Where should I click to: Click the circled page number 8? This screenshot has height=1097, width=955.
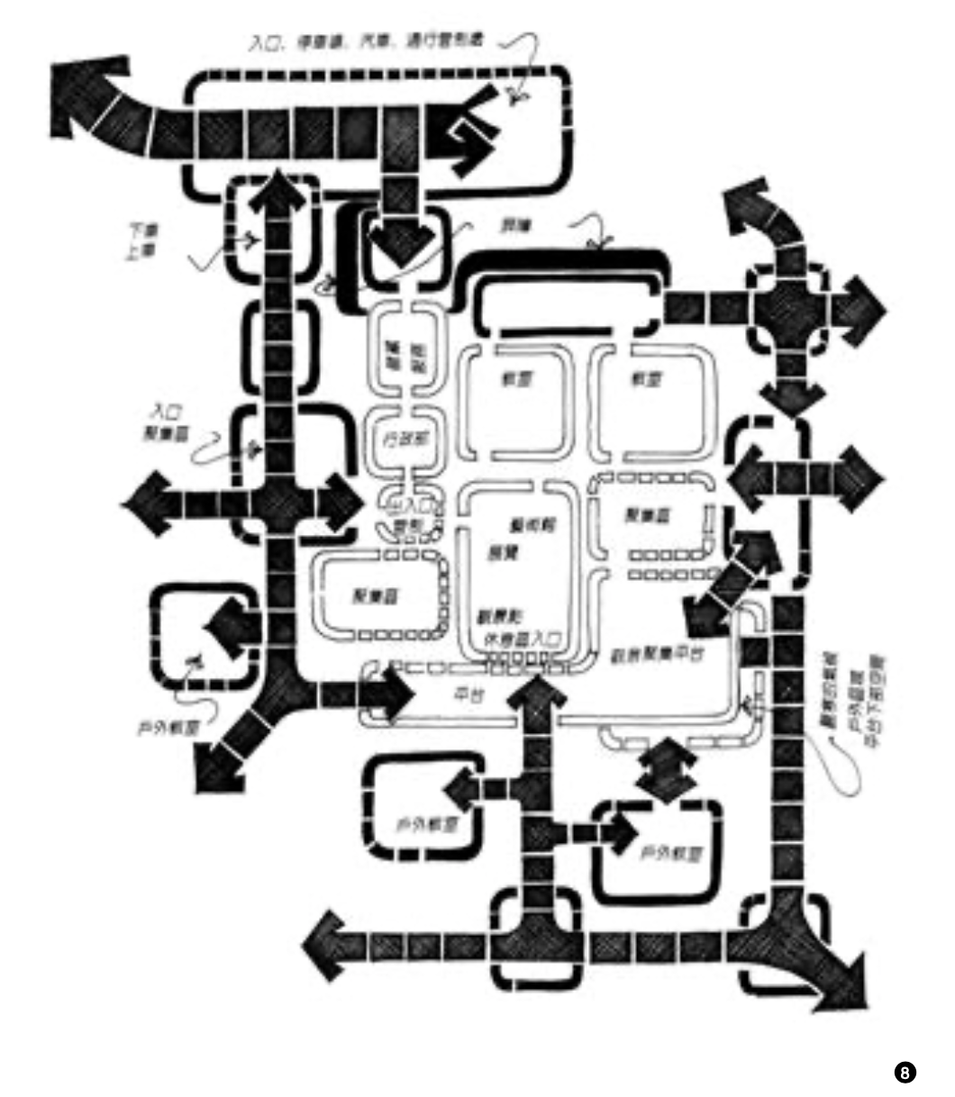pos(905,1072)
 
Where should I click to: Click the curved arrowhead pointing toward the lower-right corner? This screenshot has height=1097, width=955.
pos(842,984)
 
